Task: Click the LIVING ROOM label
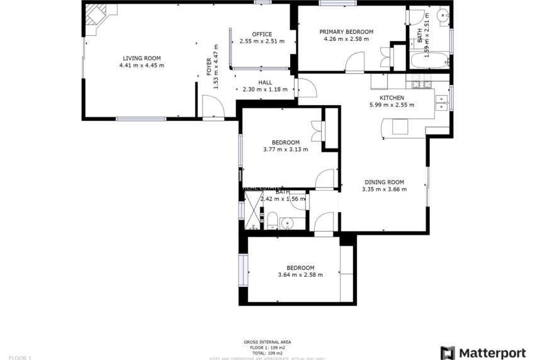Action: pyautogui.click(x=142, y=58)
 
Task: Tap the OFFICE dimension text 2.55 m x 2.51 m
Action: pyautogui.click(x=262, y=42)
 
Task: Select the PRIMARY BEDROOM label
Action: pyautogui.click(x=346, y=31)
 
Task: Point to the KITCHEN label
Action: pyautogui.click(x=391, y=98)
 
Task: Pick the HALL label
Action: pyautogui.click(x=265, y=82)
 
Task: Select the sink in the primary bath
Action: pyautogui.click(x=442, y=16)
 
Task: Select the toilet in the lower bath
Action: pyautogui.click(x=273, y=220)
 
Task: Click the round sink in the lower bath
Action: pyautogui.click(x=288, y=223)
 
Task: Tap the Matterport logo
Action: pyautogui.click(x=483, y=352)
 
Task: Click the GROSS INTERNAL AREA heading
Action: pyautogui.click(x=267, y=342)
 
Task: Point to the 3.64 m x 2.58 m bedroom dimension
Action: pyautogui.click(x=300, y=274)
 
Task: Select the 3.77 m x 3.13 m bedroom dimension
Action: pyautogui.click(x=285, y=150)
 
